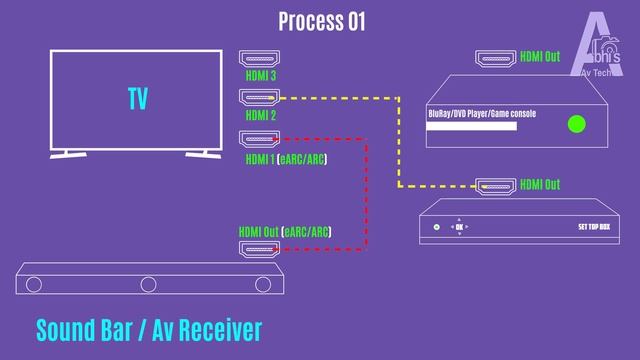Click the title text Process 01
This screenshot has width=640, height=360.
click(x=321, y=21)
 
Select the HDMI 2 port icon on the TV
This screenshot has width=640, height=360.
click(x=259, y=98)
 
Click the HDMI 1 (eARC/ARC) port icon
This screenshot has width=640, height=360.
click(x=259, y=139)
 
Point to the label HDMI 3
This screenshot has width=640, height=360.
click(x=261, y=75)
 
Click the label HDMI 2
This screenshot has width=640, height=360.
click(x=261, y=116)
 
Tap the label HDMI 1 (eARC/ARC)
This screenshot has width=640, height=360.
click(x=286, y=159)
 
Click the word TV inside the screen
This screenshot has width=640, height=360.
click(x=138, y=99)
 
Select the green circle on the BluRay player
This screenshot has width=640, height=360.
click(x=576, y=124)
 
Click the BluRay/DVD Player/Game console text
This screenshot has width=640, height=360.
click(x=482, y=114)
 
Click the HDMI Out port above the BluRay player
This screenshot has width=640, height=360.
click(x=495, y=57)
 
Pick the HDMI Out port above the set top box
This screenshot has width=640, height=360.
click(x=495, y=185)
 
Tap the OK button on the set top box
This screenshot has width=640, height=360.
click(x=459, y=228)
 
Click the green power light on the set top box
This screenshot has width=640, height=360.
click(x=437, y=228)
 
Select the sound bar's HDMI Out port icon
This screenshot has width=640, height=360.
click(x=259, y=248)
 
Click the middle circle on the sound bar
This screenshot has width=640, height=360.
click(x=148, y=285)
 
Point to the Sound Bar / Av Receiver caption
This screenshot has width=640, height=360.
click(x=148, y=329)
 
